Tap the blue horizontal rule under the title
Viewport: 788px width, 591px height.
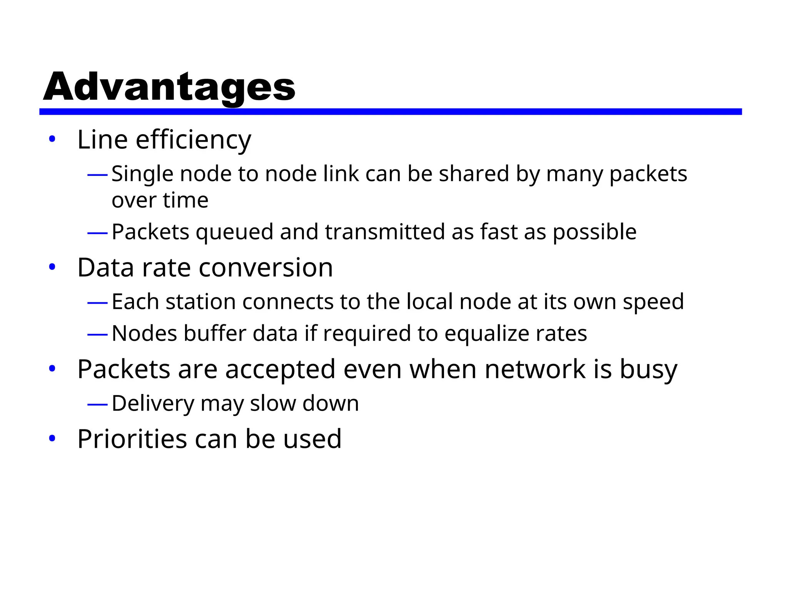click(390, 112)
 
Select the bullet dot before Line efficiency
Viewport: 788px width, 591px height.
click(52, 139)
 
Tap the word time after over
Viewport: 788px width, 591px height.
click(185, 200)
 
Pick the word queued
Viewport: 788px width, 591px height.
click(235, 232)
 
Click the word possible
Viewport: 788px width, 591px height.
click(594, 232)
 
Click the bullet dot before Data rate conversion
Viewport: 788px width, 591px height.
click(52, 267)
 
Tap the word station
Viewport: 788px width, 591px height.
click(200, 302)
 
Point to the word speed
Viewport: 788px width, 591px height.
click(653, 302)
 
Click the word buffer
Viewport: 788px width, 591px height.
click(215, 333)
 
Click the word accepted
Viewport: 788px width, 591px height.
click(280, 369)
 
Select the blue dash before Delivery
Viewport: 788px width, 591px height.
click(97, 404)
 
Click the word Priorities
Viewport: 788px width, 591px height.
click(132, 439)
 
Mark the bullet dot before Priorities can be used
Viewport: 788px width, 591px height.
click(52, 439)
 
